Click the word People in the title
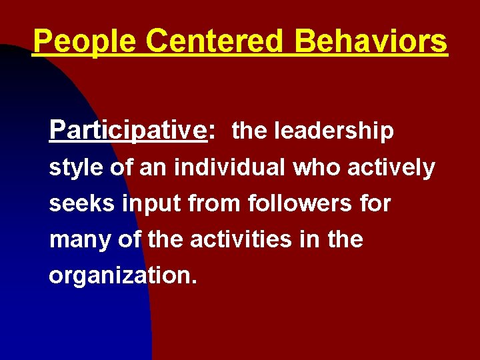coord(84,41)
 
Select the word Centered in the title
coord(213,41)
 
